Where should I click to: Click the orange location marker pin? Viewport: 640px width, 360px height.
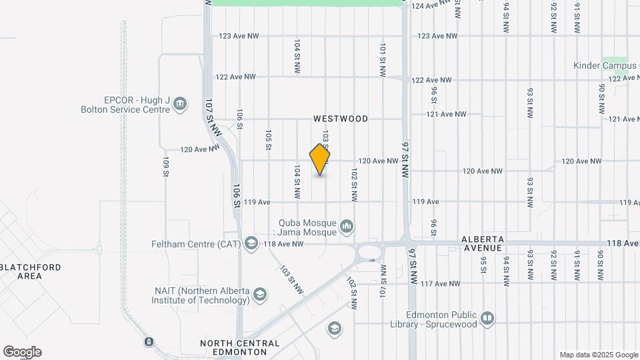point(320,159)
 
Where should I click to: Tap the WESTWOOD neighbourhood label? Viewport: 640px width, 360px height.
point(341,119)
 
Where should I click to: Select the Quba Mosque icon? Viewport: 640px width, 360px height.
point(346,227)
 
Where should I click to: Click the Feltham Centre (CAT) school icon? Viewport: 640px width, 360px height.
point(251,244)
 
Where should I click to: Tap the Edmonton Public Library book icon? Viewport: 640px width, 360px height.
point(487,318)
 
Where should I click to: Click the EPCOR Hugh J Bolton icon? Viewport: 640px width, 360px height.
point(180,104)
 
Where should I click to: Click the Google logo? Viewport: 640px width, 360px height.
point(22,352)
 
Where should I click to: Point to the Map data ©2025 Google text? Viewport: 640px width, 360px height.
point(599,355)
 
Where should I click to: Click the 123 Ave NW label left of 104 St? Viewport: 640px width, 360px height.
point(238,36)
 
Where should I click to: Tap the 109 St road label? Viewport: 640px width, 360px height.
point(165,167)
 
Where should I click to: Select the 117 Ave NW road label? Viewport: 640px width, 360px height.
point(440,283)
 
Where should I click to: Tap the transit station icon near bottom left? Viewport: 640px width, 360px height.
point(148,342)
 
